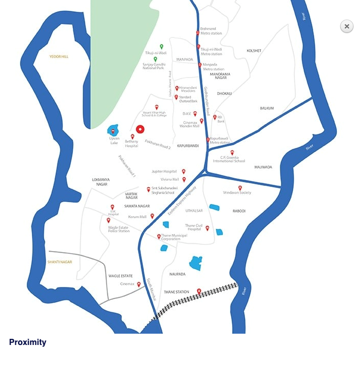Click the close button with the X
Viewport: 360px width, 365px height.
coord(347,26)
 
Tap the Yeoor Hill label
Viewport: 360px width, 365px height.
coord(59,56)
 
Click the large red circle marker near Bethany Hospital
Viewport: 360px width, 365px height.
coord(140,130)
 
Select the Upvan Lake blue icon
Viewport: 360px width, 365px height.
coord(113,130)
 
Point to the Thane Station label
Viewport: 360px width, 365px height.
coord(176,292)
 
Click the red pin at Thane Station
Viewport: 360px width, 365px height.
coord(199,292)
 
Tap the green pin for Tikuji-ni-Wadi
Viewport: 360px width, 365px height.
coord(161,47)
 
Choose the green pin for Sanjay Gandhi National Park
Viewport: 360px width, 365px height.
coord(155,59)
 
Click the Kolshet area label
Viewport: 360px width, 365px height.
coord(254,51)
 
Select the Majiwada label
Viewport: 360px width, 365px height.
coord(263,167)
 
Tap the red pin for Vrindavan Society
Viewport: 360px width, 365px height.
coord(240,188)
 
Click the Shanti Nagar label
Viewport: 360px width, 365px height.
coord(60,262)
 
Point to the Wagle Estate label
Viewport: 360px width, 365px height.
coord(120,276)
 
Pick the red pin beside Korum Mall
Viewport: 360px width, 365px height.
coord(152,216)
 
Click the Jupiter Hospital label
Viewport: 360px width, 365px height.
coord(164,171)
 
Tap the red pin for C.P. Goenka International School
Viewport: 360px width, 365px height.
coord(232,152)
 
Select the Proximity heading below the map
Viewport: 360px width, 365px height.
coord(28,342)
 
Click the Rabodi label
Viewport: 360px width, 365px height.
coord(239,211)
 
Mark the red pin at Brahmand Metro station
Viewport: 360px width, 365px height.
coord(198,33)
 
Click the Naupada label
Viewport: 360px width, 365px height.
coord(177,274)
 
